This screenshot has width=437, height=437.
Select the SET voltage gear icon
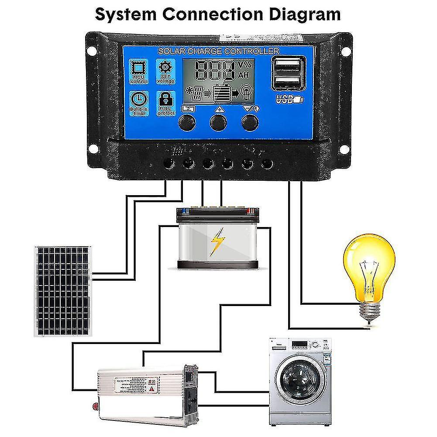click(165, 69)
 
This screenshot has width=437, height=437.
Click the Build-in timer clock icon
click(139, 100)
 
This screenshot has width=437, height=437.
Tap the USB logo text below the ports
click(285, 100)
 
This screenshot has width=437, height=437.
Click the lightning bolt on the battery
click(216, 241)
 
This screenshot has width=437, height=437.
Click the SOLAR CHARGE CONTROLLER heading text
click(218, 52)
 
